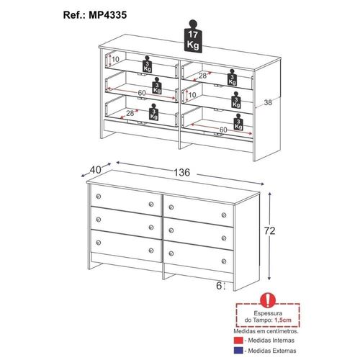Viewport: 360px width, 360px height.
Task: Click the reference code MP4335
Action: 108,15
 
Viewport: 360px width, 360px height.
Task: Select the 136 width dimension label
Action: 181,172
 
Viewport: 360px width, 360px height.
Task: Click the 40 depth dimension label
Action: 95,170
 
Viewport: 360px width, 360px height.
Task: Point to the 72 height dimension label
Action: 269,230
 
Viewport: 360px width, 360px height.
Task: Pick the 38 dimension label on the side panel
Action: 268,102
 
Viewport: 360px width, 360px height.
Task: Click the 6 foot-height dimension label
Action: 219,286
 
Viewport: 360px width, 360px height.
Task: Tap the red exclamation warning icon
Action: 268,300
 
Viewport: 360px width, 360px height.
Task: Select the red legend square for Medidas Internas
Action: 238,341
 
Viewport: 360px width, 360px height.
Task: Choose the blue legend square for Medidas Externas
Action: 238,351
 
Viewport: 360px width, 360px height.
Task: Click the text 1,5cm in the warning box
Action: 283,320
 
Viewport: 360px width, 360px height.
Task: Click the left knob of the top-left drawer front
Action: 98,197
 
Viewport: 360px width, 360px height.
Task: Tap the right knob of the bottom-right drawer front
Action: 224,261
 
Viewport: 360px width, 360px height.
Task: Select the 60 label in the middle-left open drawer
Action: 142,93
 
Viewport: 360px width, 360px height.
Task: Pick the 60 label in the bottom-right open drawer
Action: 223,130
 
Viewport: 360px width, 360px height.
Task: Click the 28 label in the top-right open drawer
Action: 202,76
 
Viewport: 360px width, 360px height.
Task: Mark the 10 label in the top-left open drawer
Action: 115,59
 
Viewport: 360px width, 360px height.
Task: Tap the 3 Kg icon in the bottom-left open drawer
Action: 153,112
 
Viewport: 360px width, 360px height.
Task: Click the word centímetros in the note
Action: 283,331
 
